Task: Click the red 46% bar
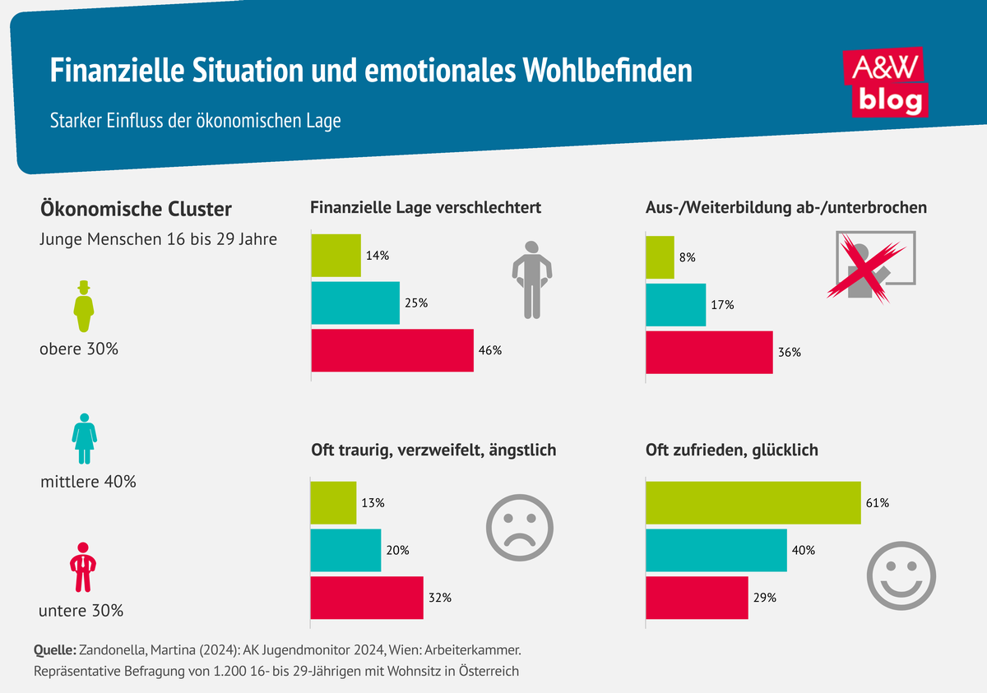click(x=392, y=350)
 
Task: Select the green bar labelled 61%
click(x=753, y=502)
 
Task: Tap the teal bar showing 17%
click(x=676, y=304)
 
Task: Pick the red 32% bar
click(x=366, y=598)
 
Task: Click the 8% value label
click(x=688, y=257)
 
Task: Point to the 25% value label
click(x=416, y=303)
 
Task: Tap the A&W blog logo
click(x=887, y=82)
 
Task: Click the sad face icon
click(x=521, y=527)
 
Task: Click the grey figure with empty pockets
click(x=532, y=280)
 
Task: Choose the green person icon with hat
click(x=83, y=303)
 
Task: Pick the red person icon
click(x=82, y=567)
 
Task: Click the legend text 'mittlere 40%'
click(x=88, y=482)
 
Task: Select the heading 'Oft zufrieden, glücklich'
click(x=732, y=450)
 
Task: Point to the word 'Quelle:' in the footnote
click(x=55, y=649)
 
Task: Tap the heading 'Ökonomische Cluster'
click(x=136, y=209)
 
